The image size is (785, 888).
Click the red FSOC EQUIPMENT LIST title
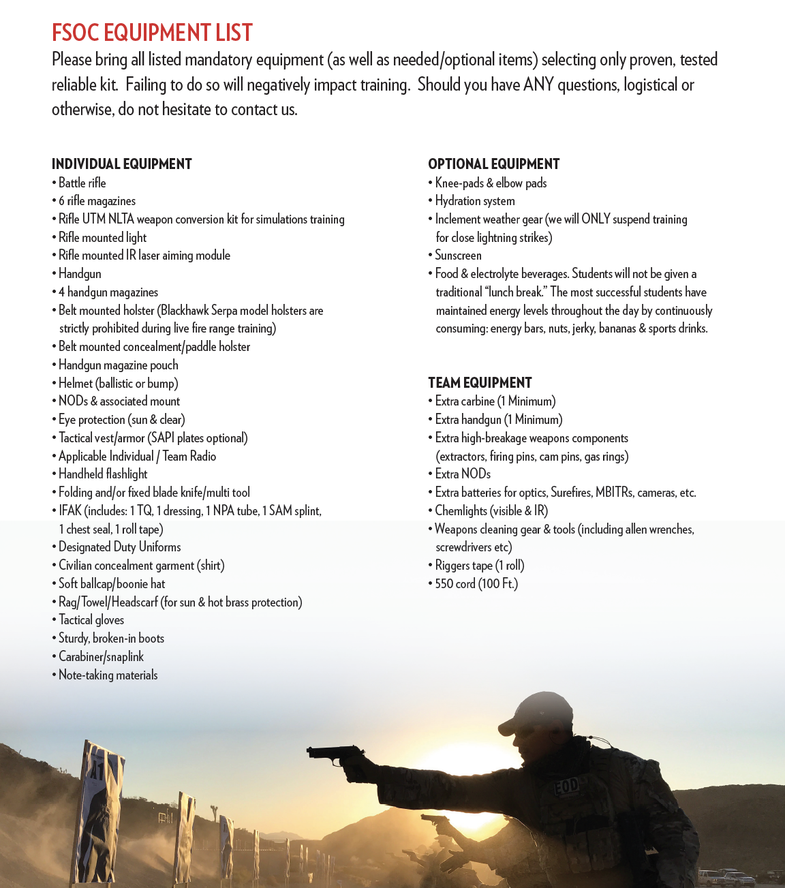click(152, 33)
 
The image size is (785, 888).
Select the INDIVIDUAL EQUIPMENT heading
click(122, 164)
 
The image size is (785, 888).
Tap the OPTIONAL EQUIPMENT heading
click(493, 164)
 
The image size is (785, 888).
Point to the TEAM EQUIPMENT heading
click(480, 383)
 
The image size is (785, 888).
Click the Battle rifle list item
click(82, 183)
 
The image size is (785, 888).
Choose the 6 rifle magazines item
click(97, 201)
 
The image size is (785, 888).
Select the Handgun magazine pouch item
click(118, 365)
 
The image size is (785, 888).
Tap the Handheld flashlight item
click(103, 474)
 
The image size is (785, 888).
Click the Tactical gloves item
click(91, 620)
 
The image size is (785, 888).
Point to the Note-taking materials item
click(108, 675)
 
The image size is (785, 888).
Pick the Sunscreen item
click(458, 256)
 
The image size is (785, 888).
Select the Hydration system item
click(475, 201)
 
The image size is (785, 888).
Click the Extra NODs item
click(463, 474)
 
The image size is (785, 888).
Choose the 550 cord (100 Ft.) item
click(476, 584)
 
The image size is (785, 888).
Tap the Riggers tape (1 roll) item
click(480, 566)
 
